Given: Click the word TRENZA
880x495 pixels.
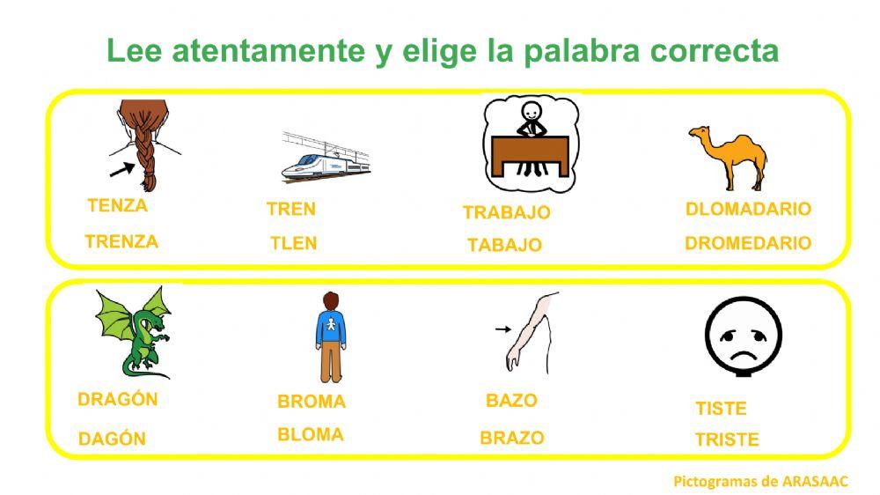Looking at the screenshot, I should coord(121,241).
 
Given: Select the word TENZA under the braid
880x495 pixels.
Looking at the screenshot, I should coord(117,206).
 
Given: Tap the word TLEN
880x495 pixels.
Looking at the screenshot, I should coord(293,243).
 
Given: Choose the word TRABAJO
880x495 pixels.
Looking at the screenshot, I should coord(506,212).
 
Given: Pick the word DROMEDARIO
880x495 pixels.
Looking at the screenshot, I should coord(747,243).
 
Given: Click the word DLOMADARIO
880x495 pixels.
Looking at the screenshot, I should coord(747,210).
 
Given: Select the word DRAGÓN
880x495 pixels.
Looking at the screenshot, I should coord(118,399).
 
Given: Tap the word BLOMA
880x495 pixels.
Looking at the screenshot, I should coord(310,434).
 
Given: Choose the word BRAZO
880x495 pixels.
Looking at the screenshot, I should coord(511,438).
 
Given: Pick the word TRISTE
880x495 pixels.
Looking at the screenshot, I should coord(726,440).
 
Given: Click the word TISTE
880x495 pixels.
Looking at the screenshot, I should coord(720,409).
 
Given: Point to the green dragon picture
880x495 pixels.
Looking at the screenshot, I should coord(134,332).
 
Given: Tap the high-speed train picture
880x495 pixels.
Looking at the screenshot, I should coord(325,159).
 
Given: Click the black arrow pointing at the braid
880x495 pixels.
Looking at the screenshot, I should coord(122,166).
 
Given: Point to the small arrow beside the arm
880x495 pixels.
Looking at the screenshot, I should coord(502,329).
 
